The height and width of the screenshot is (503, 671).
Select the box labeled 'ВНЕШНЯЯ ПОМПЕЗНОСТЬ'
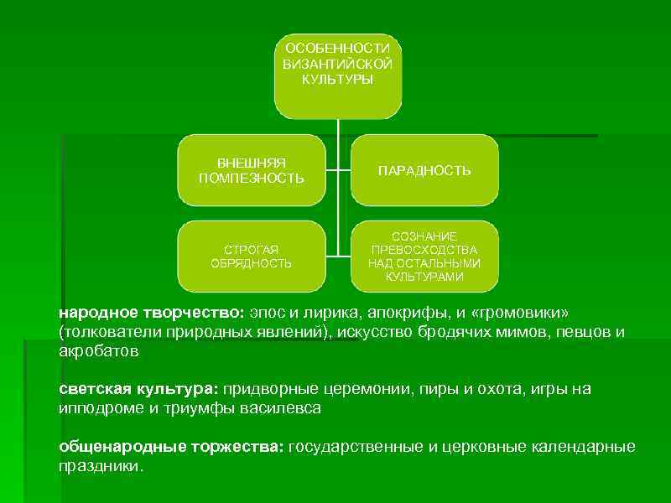[251, 170]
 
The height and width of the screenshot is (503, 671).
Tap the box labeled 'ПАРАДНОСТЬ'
[424, 170]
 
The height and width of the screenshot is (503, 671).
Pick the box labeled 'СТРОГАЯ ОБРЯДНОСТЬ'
[251, 257]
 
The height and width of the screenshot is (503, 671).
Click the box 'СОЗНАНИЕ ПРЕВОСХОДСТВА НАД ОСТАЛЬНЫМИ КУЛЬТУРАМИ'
[424, 257]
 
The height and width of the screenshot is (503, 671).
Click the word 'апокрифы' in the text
[398, 313]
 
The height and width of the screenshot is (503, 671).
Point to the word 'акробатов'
[98, 351]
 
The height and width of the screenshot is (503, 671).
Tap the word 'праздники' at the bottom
[100, 466]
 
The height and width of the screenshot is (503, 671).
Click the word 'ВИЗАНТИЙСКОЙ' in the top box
[338, 65]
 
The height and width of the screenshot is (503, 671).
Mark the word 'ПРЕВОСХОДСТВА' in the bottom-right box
[424, 251]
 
